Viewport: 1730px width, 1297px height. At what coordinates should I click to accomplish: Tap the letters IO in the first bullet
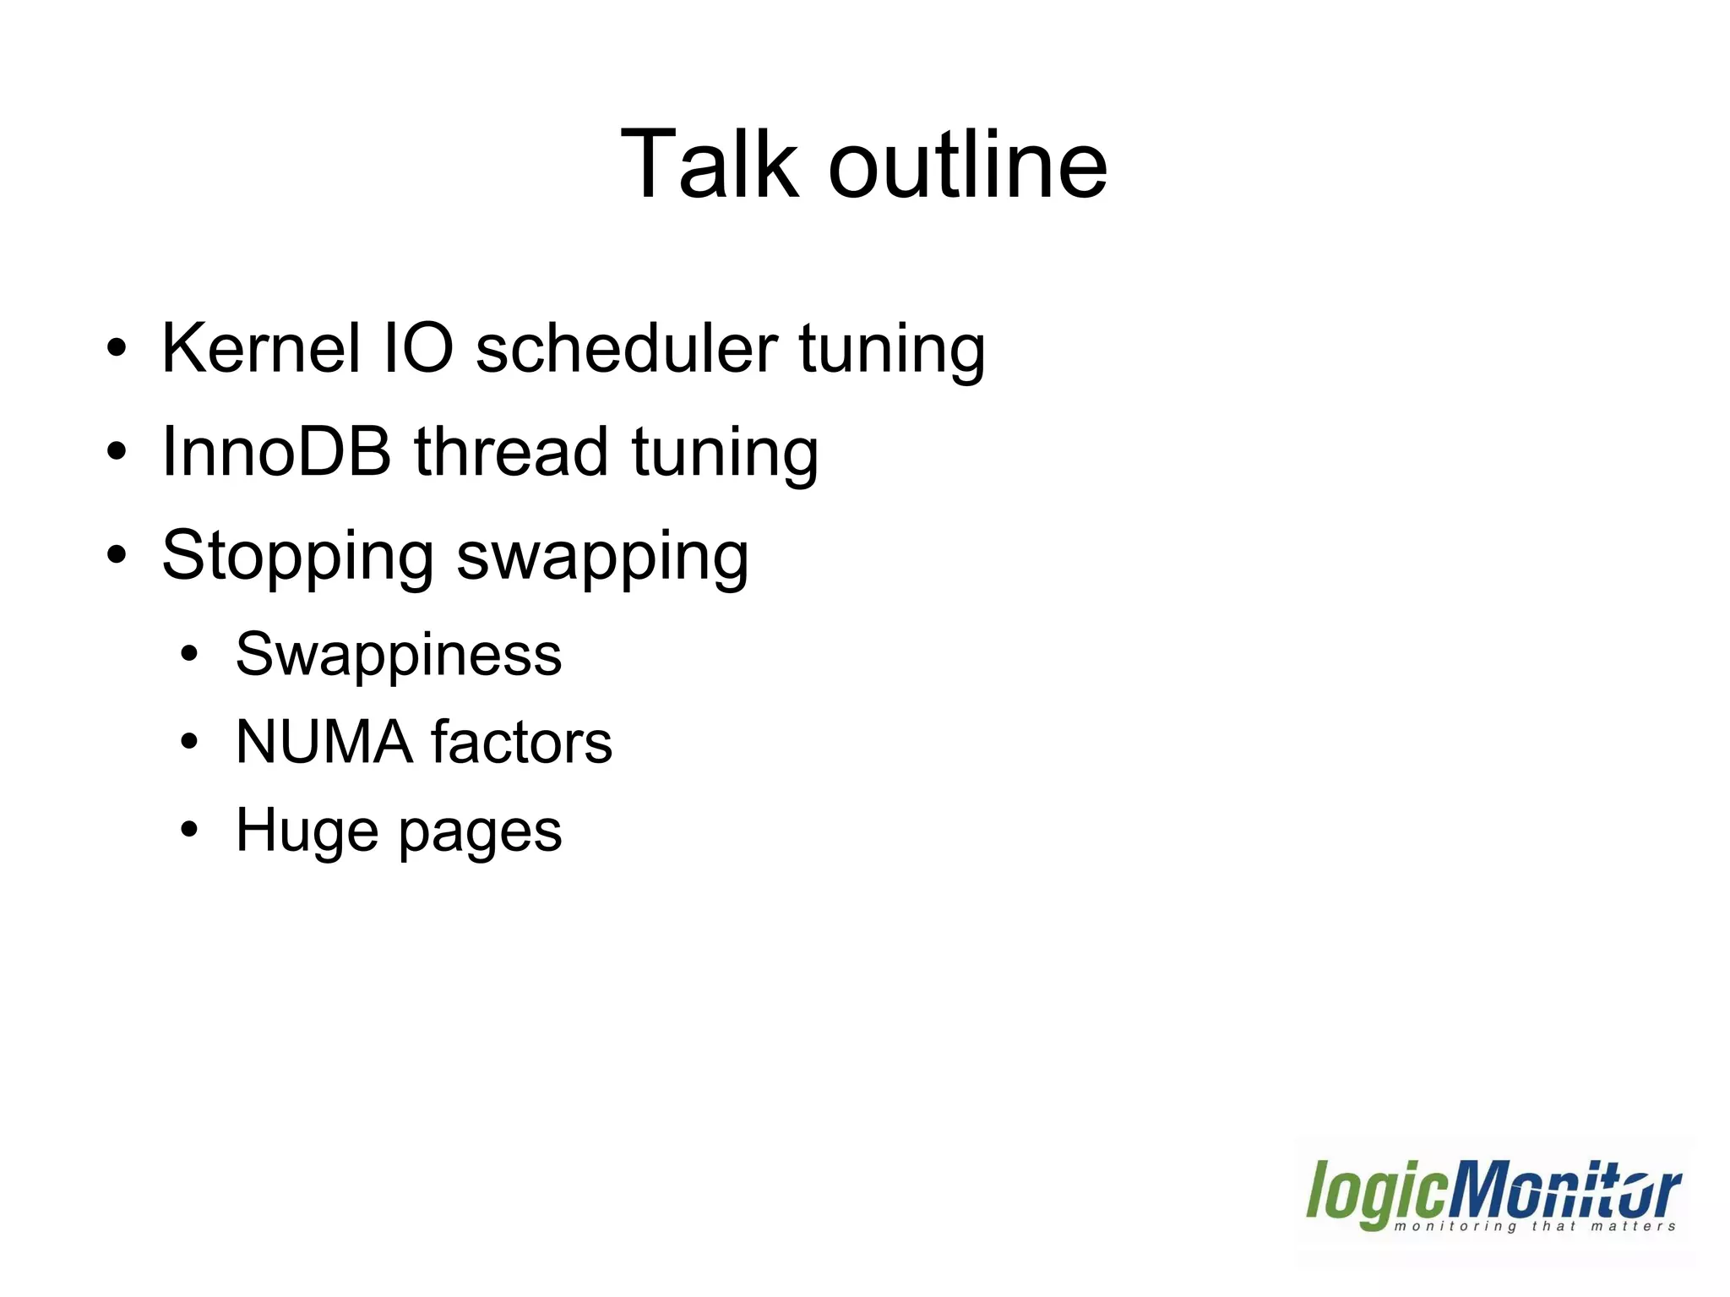[418, 348]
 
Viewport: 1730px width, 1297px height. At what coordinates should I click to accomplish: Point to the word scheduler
[626, 348]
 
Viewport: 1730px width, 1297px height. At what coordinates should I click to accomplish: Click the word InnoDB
[276, 451]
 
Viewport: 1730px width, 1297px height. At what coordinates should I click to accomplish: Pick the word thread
[511, 451]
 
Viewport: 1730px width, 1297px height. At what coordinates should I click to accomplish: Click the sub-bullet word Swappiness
[398, 656]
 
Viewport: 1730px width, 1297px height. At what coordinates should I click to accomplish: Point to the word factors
[521, 742]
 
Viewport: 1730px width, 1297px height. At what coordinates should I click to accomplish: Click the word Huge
[307, 832]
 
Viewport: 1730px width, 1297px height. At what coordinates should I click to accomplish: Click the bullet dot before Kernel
[117, 348]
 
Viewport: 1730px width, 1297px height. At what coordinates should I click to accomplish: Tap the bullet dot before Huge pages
[189, 830]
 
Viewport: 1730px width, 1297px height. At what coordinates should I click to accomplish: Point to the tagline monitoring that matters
[1534, 1226]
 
